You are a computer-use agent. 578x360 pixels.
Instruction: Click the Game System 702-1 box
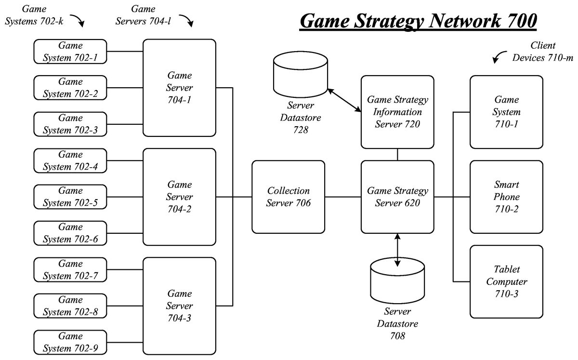(70, 52)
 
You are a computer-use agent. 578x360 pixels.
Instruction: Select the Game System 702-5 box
(70, 197)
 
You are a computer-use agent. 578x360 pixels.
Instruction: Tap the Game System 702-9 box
(70, 342)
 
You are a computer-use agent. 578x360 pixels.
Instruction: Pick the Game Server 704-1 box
(179, 88)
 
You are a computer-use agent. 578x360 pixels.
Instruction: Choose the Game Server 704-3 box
(179, 306)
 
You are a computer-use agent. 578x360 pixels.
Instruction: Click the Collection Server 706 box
(288, 197)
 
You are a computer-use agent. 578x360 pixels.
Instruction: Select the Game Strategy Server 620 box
(397, 197)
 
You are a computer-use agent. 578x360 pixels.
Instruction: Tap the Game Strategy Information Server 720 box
(397, 112)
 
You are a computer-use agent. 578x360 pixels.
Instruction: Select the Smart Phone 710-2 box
(506, 197)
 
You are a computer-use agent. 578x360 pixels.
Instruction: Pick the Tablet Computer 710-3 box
(506, 281)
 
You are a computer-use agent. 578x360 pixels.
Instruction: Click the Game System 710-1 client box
(506, 112)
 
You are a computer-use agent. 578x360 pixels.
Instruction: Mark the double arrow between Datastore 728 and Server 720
(344, 100)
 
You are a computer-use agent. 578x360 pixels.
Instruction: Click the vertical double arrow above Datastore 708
(397, 250)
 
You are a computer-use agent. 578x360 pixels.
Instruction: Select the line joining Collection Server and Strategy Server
(343, 197)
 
